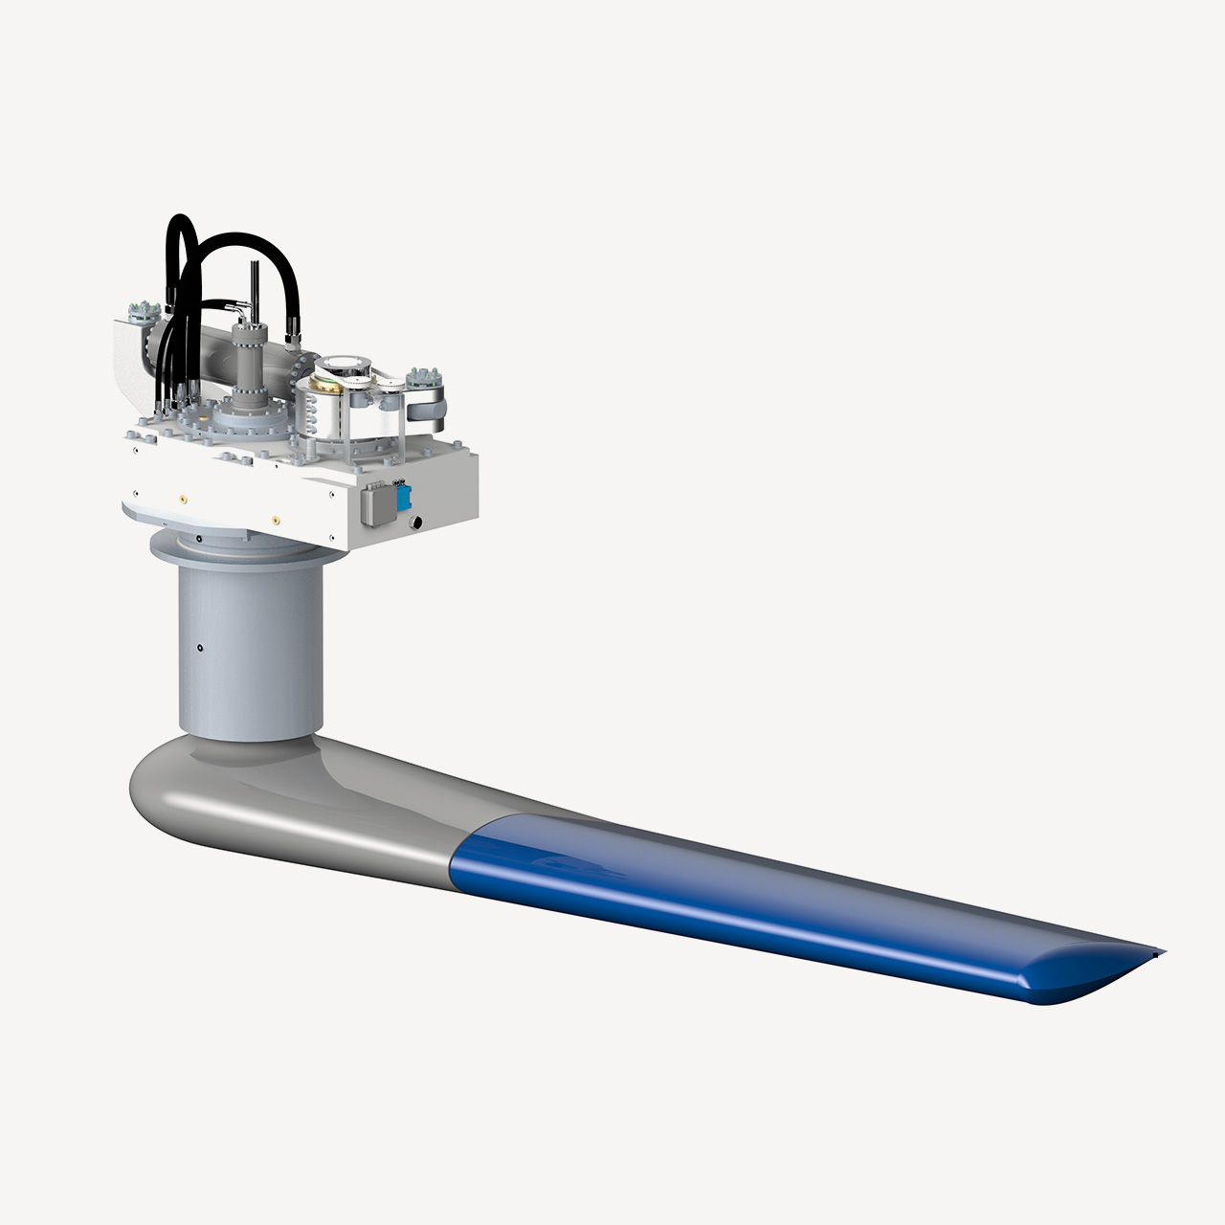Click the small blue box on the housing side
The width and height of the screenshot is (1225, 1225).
404,497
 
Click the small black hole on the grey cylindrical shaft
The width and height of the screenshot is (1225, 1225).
199,648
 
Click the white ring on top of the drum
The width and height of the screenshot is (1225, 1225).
337,365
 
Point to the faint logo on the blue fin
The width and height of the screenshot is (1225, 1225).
574,866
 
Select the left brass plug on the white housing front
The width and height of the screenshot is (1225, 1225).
182,497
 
